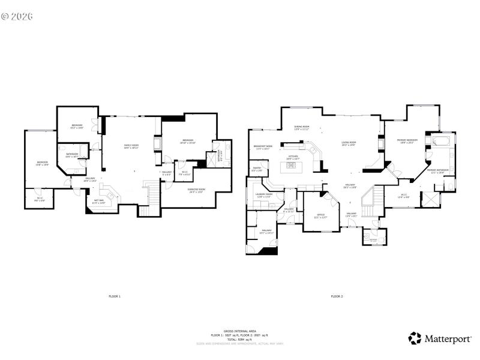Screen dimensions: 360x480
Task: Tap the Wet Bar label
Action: pos(98,202)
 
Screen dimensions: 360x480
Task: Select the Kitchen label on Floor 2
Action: pos(293,157)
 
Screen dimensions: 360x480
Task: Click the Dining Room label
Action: pos(301,127)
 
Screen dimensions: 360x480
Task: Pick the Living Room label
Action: pos(349,144)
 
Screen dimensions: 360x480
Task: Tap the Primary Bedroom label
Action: pos(406,141)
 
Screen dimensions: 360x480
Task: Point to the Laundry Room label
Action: pos(264,196)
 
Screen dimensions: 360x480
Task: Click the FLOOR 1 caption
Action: pos(114,296)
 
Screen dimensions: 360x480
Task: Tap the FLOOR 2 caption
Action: pos(337,296)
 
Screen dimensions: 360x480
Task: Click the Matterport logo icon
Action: pos(415,338)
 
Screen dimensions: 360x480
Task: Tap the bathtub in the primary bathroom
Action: pos(441,142)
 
